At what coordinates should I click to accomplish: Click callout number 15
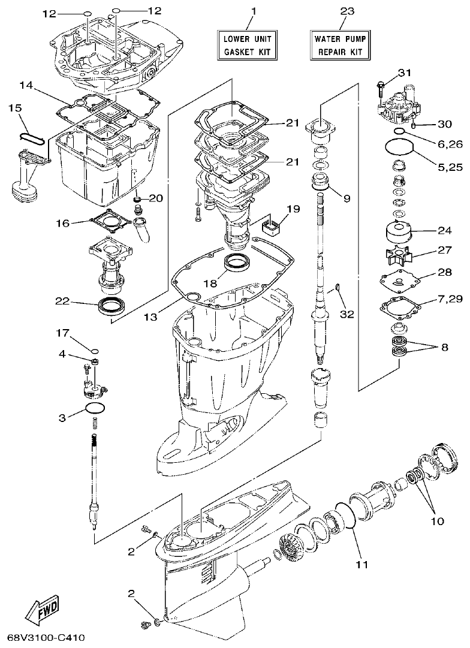[16, 108]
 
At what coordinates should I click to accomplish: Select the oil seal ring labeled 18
[238, 263]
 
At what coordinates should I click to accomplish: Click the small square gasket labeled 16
[109, 223]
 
